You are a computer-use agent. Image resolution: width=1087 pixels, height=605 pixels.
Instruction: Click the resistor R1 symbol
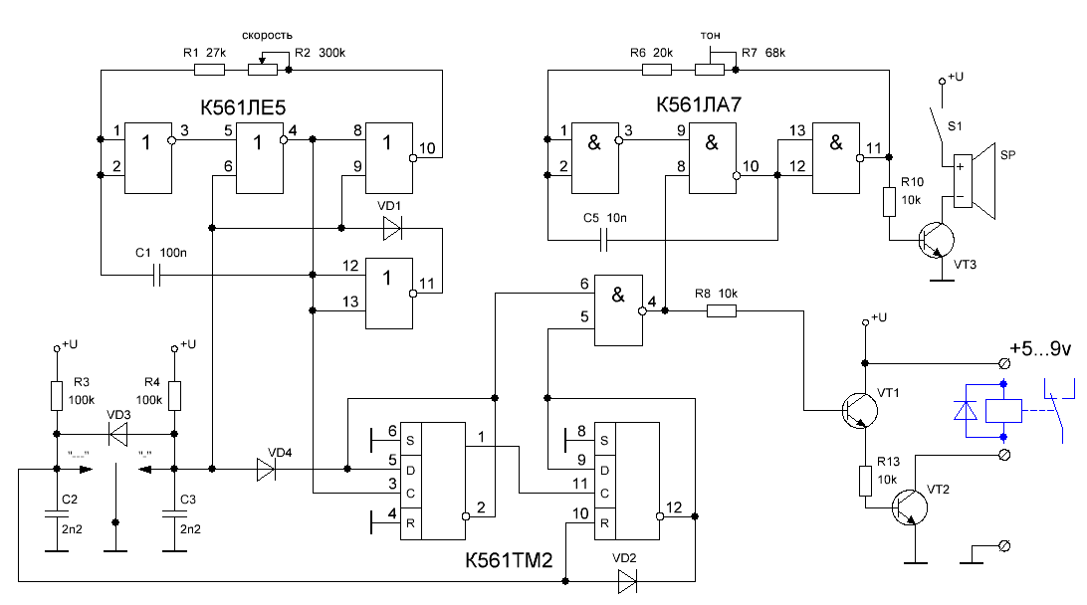click(x=209, y=71)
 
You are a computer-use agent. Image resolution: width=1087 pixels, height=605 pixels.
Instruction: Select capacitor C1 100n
click(x=156, y=274)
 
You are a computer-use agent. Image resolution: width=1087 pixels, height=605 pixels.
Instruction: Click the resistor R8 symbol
click(x=722, y=310)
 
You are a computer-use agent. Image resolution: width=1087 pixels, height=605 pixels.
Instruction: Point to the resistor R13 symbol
click(x=865, y=483)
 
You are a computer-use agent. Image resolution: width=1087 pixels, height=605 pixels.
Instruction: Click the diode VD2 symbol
click(x=626, y=580)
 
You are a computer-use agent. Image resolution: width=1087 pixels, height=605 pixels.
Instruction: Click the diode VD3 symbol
click(x=117, y=434)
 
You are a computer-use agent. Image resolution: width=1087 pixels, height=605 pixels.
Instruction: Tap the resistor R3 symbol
click(x=58, y=396)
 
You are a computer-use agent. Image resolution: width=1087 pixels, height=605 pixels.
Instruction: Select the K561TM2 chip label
click(x=508, y=560)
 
